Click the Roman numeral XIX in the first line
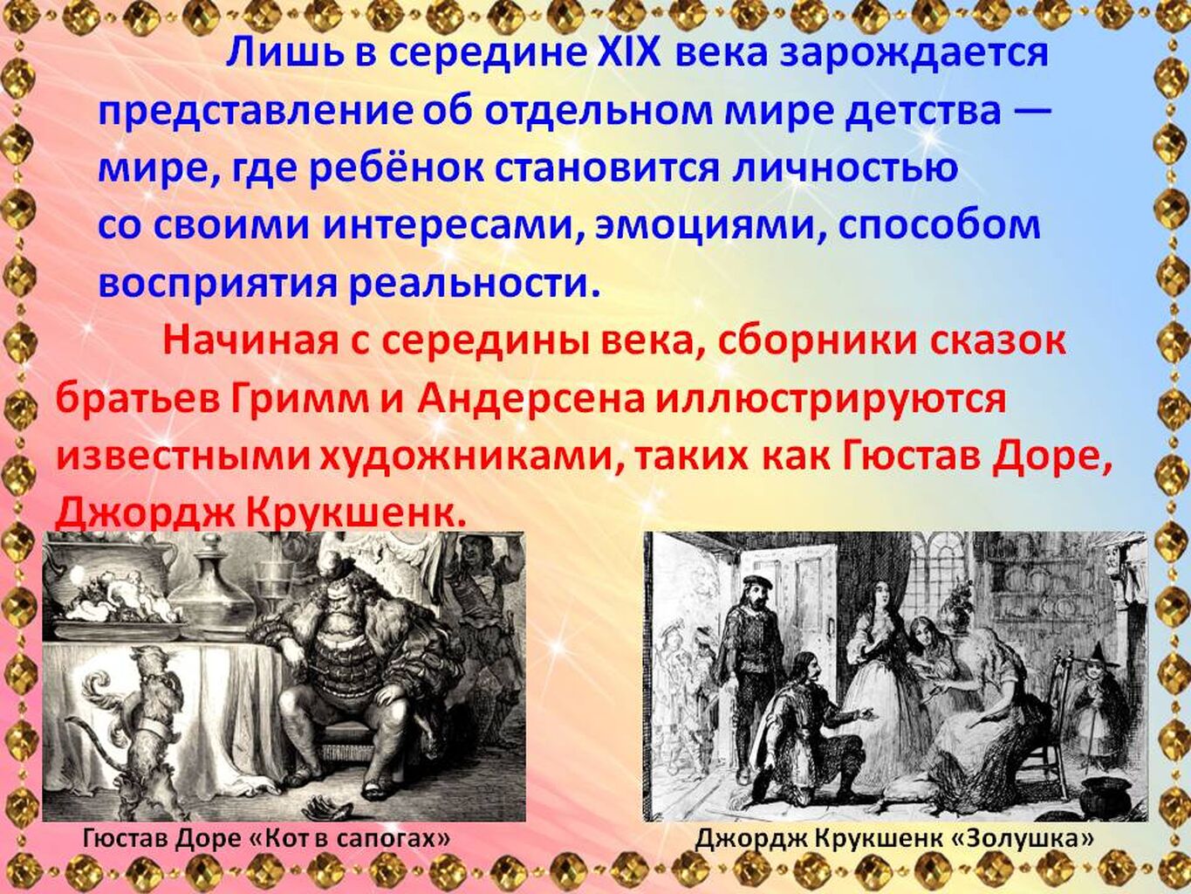(x=629, y=52)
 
